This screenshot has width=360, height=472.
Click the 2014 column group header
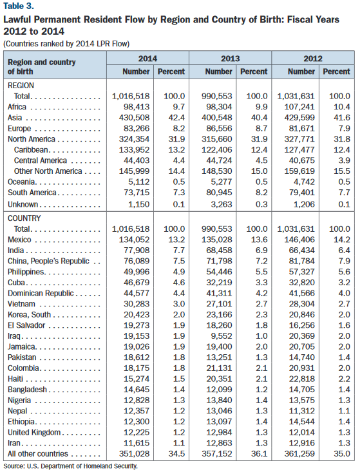point(147,59)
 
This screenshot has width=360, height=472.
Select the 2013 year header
point(231,59)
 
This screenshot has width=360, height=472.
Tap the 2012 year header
point(313,59)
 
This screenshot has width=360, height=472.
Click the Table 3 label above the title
point(19,6)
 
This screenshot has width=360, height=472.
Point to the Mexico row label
point(19,240)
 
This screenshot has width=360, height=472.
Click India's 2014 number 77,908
point(137,250)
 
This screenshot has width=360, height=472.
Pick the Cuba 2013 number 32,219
point(219,283)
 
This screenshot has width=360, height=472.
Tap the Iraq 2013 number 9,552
point(222,336)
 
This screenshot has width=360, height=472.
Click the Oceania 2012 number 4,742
point(304,182)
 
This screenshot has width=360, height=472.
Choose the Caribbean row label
point(31,150)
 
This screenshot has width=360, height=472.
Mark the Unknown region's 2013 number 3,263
point(222,204)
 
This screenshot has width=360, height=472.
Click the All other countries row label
point(38,453)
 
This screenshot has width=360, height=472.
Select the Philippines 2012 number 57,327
point(302,272)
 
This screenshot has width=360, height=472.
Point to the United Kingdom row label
point(34,432)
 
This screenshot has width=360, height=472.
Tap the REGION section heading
point(21,86)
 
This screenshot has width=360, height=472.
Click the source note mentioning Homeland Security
point(70,466)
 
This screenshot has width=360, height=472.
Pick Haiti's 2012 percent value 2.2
point(344,379)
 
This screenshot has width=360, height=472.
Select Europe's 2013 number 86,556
point(219,129)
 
